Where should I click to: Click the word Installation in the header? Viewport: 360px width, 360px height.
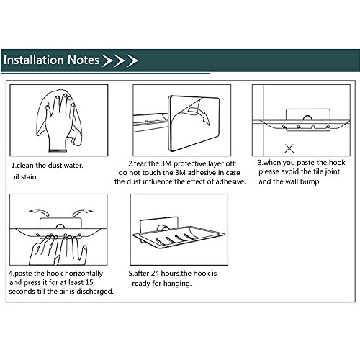[34, 60]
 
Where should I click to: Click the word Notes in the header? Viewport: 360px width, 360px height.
[84, 60]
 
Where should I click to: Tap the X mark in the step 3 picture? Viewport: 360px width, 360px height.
[289, 148]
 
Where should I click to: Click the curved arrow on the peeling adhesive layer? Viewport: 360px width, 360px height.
[200, 116]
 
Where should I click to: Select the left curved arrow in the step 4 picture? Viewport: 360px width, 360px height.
[39, 212]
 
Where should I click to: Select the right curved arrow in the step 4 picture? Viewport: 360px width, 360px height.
[82, 212]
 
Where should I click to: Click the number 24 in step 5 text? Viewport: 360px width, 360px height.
[155, 274]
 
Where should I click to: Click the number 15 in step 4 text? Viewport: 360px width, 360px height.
[89, 282]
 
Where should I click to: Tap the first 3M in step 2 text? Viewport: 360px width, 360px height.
[166, 163]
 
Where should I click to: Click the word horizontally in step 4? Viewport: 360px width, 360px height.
[84, 274]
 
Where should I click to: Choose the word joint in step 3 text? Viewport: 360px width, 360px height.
[332, 172]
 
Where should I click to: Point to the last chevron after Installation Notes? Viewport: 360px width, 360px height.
[132, 60]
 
